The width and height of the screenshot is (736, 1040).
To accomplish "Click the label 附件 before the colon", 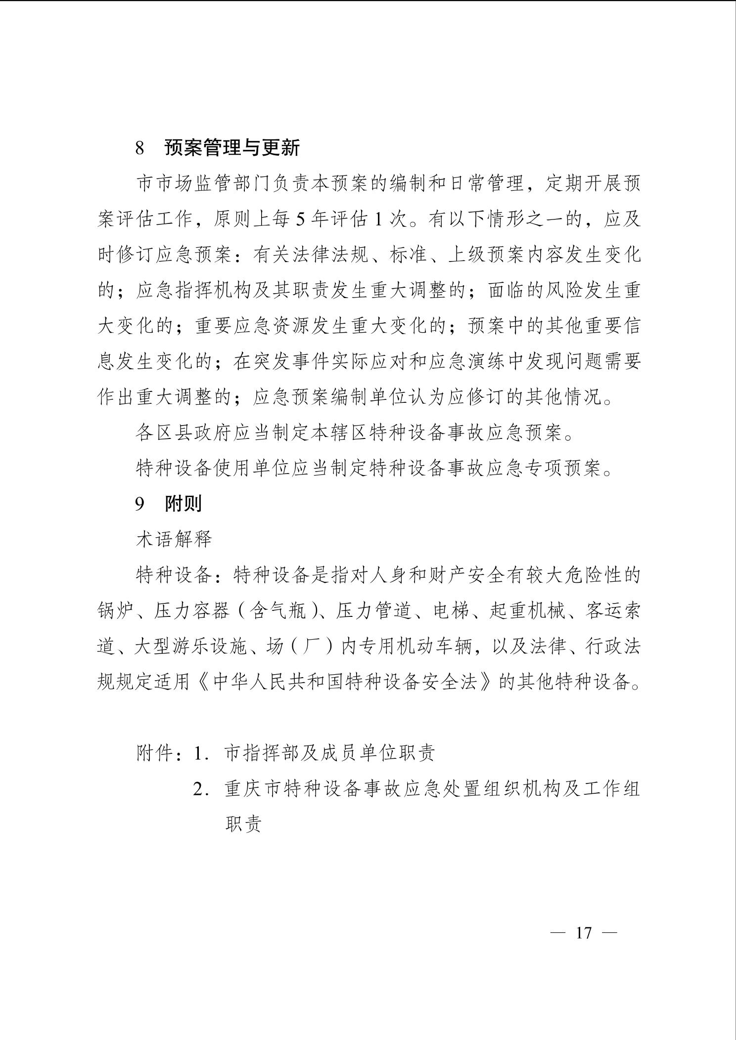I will click(155, 753).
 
